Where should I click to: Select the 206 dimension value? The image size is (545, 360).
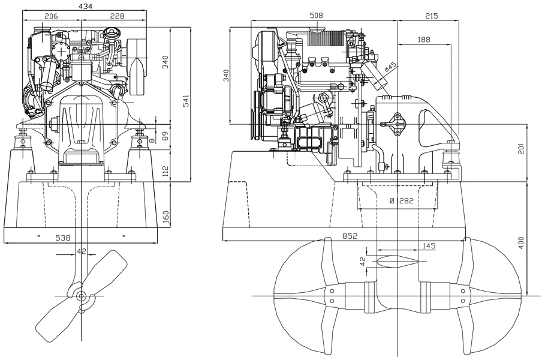tap(51, 16)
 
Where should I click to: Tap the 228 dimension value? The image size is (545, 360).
tap(117, 16)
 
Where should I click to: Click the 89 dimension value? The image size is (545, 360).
tap(166, 134)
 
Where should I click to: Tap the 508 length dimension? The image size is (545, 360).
tap(317, 16)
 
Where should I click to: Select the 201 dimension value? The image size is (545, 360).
tap(521, 148)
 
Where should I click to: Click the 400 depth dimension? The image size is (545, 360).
tap(521, 242)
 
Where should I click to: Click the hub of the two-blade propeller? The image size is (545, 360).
tap(82, 296)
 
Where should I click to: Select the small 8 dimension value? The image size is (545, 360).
tap(152, 140)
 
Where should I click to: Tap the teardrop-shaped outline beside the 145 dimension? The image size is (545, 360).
tap(393, 260)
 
